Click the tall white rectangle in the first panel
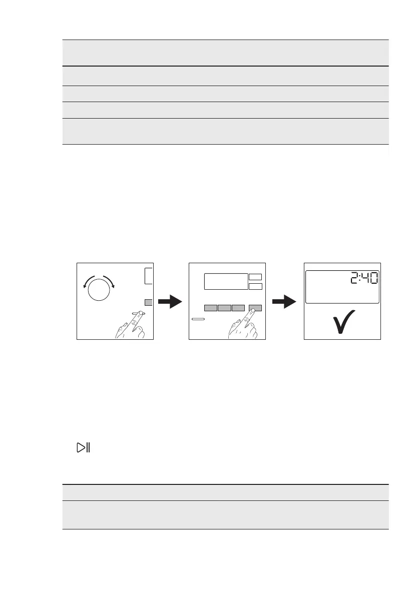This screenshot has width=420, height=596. click(148, 276)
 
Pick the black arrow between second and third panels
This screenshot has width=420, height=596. click(283, 302)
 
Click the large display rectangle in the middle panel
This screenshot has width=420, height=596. click(226, 281)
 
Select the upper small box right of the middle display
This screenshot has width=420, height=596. click(255, 277)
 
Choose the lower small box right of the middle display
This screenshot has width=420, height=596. click(255, 286)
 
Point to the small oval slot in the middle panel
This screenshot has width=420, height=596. click(198, 319)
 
